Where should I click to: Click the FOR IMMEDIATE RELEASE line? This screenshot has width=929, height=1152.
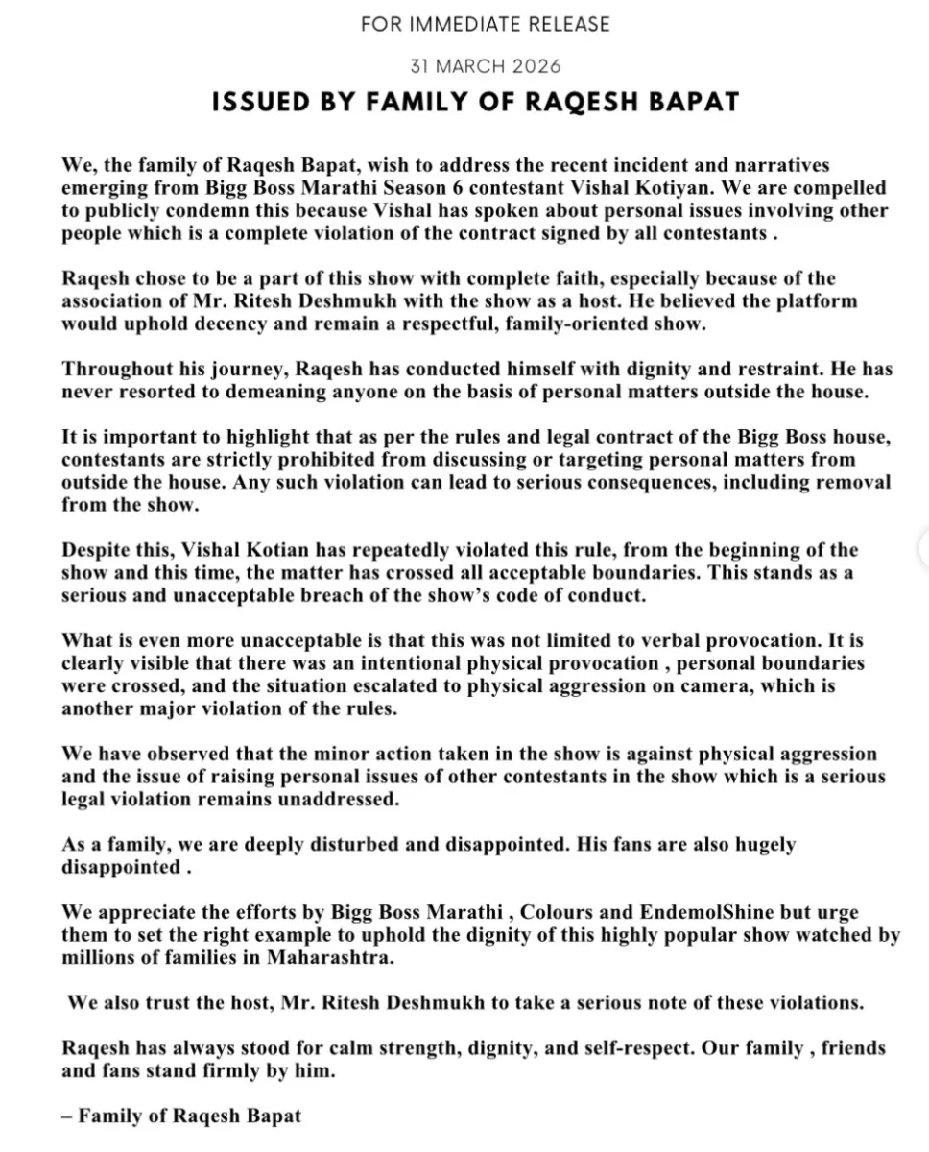(485, 24)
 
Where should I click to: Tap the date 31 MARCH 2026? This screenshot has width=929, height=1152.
(485, 66)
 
